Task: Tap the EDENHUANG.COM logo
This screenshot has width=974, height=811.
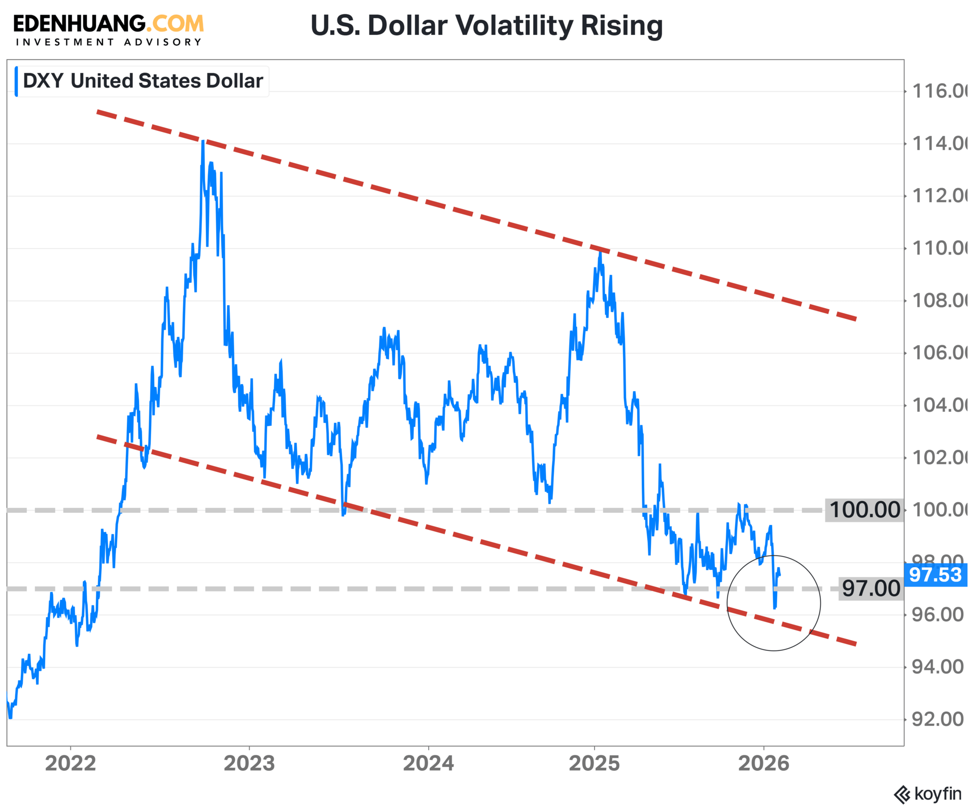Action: (x=109, y=24)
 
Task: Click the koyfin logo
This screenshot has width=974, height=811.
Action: (x=928, y=793)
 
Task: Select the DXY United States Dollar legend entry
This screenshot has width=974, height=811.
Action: (x=143, y=81)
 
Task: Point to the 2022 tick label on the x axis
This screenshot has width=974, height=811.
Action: (x=71, y=763)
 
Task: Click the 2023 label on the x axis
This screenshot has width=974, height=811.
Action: (x=249, y=763)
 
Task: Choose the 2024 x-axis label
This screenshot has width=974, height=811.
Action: (x=428, y=763)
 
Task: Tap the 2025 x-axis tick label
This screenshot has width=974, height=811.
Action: (x=594, y=763)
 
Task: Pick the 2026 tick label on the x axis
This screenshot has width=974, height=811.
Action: (x=763, y=763)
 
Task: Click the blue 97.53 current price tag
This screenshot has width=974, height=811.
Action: (x=935, y=575)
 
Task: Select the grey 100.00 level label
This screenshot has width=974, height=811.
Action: (x=864, y=510)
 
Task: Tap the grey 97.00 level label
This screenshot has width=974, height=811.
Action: (x=871, y=588)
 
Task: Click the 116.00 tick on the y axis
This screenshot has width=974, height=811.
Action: (x=939, y=91)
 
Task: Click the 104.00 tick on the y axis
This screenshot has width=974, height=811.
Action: (x=939, y=405)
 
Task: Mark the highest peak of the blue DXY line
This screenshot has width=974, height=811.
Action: (x=203, y=141)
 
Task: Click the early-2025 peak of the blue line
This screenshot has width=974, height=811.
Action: (x=600, y=252)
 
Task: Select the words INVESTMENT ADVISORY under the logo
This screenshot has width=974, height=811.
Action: (x=109, y=42)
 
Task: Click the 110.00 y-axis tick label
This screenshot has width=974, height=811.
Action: (x=939, y=248)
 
